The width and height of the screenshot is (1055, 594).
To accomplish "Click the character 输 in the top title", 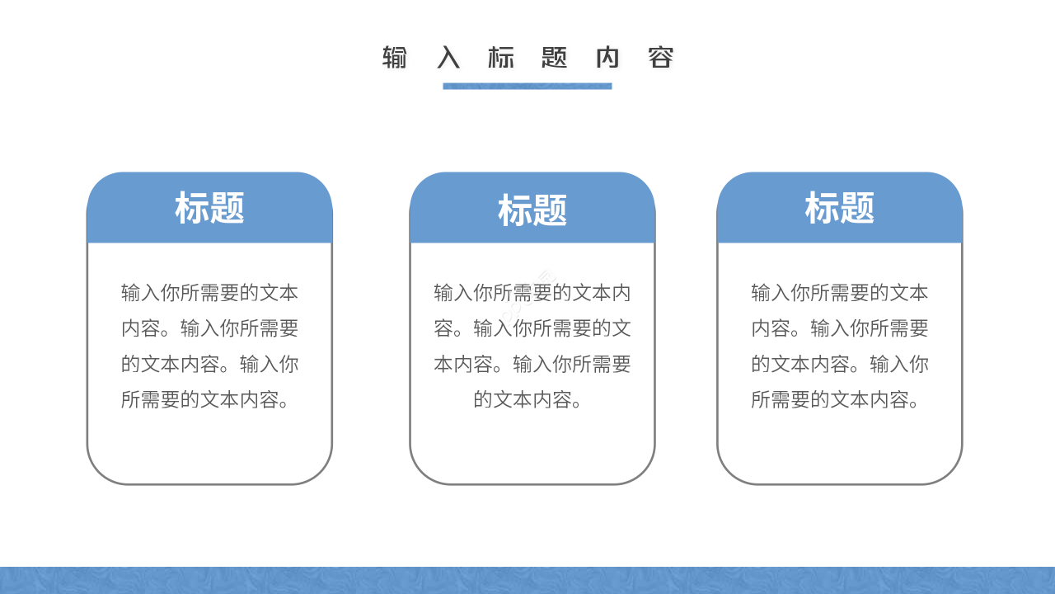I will coord(395,58).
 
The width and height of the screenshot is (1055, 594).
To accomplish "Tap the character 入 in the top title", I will coord(448,58).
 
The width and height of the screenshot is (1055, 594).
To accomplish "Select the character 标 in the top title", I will coord(501,58).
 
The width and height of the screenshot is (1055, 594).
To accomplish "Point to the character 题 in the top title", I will coord(555,58).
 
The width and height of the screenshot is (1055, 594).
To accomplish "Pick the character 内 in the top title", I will coord(607,58).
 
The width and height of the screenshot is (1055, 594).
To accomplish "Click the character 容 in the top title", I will coord(661,58).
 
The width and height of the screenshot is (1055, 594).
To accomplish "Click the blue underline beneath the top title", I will coord(527,86).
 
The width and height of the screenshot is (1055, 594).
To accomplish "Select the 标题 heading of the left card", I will coord(209,208).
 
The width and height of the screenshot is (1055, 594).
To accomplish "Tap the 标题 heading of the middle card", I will coord(532,211).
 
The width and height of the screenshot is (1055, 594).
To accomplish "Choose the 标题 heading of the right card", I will coord(839,208).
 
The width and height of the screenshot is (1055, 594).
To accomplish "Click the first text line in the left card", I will coord(209,293).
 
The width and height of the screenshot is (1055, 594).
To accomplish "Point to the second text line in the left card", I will coord(209,328).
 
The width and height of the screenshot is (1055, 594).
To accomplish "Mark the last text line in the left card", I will coord(209,400).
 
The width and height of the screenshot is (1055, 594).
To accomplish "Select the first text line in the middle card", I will coord(532,293).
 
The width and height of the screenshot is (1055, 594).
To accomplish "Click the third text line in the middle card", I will coord(532,364).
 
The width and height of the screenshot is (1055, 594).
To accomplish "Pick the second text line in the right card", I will coord(839,328).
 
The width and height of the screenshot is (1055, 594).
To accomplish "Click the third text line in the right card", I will coord(839,364).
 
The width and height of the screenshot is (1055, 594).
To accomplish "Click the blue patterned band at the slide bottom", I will coord(527,581).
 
